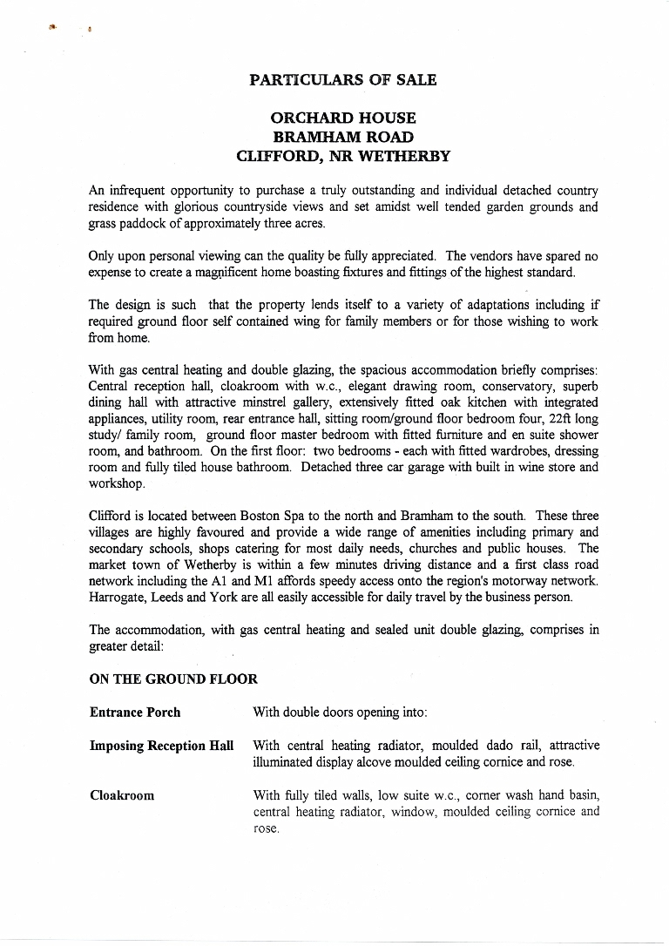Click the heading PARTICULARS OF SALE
(x=342, y=80)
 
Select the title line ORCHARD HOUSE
(x=342, y=118)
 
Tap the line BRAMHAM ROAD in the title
(x=342, y=137)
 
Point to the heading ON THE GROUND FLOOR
(x=173, y=679)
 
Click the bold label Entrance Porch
(x=135, y=713)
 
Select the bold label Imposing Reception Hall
(x=162, y=747)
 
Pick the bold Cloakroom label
(x=122, y=795)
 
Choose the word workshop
(x=117, y=483)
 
